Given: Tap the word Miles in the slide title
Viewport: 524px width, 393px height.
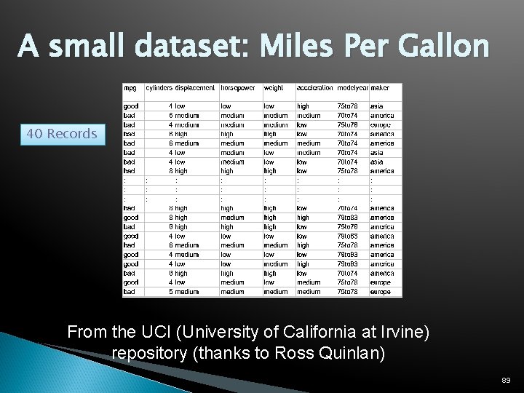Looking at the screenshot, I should (x=287, y=46).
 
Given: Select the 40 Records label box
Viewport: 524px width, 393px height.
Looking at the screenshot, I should (x=62, y=134).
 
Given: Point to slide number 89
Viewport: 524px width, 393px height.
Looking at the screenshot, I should (x=506, y=381).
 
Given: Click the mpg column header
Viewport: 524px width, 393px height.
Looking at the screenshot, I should (x=130, y=88).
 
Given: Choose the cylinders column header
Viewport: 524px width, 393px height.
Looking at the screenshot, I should (x=159, y=88).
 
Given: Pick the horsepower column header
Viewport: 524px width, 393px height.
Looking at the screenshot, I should (x=238, y=88).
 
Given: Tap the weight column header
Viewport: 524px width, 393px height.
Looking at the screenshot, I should (x=274, y=88).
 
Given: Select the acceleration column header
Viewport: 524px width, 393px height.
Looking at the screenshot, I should (x=314, y=88).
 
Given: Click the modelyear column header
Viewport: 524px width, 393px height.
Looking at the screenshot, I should (x=352, y=88).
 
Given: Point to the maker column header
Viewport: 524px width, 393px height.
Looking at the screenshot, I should (x=380, y=88).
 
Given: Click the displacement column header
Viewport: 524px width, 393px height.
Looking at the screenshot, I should (x=195, y=88).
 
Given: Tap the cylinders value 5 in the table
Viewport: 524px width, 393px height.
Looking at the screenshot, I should (x=171, y=292).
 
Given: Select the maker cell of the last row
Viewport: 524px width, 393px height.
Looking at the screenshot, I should (x=381, y=292).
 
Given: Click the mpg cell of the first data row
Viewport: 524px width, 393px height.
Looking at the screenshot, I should (x=130, y=106).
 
